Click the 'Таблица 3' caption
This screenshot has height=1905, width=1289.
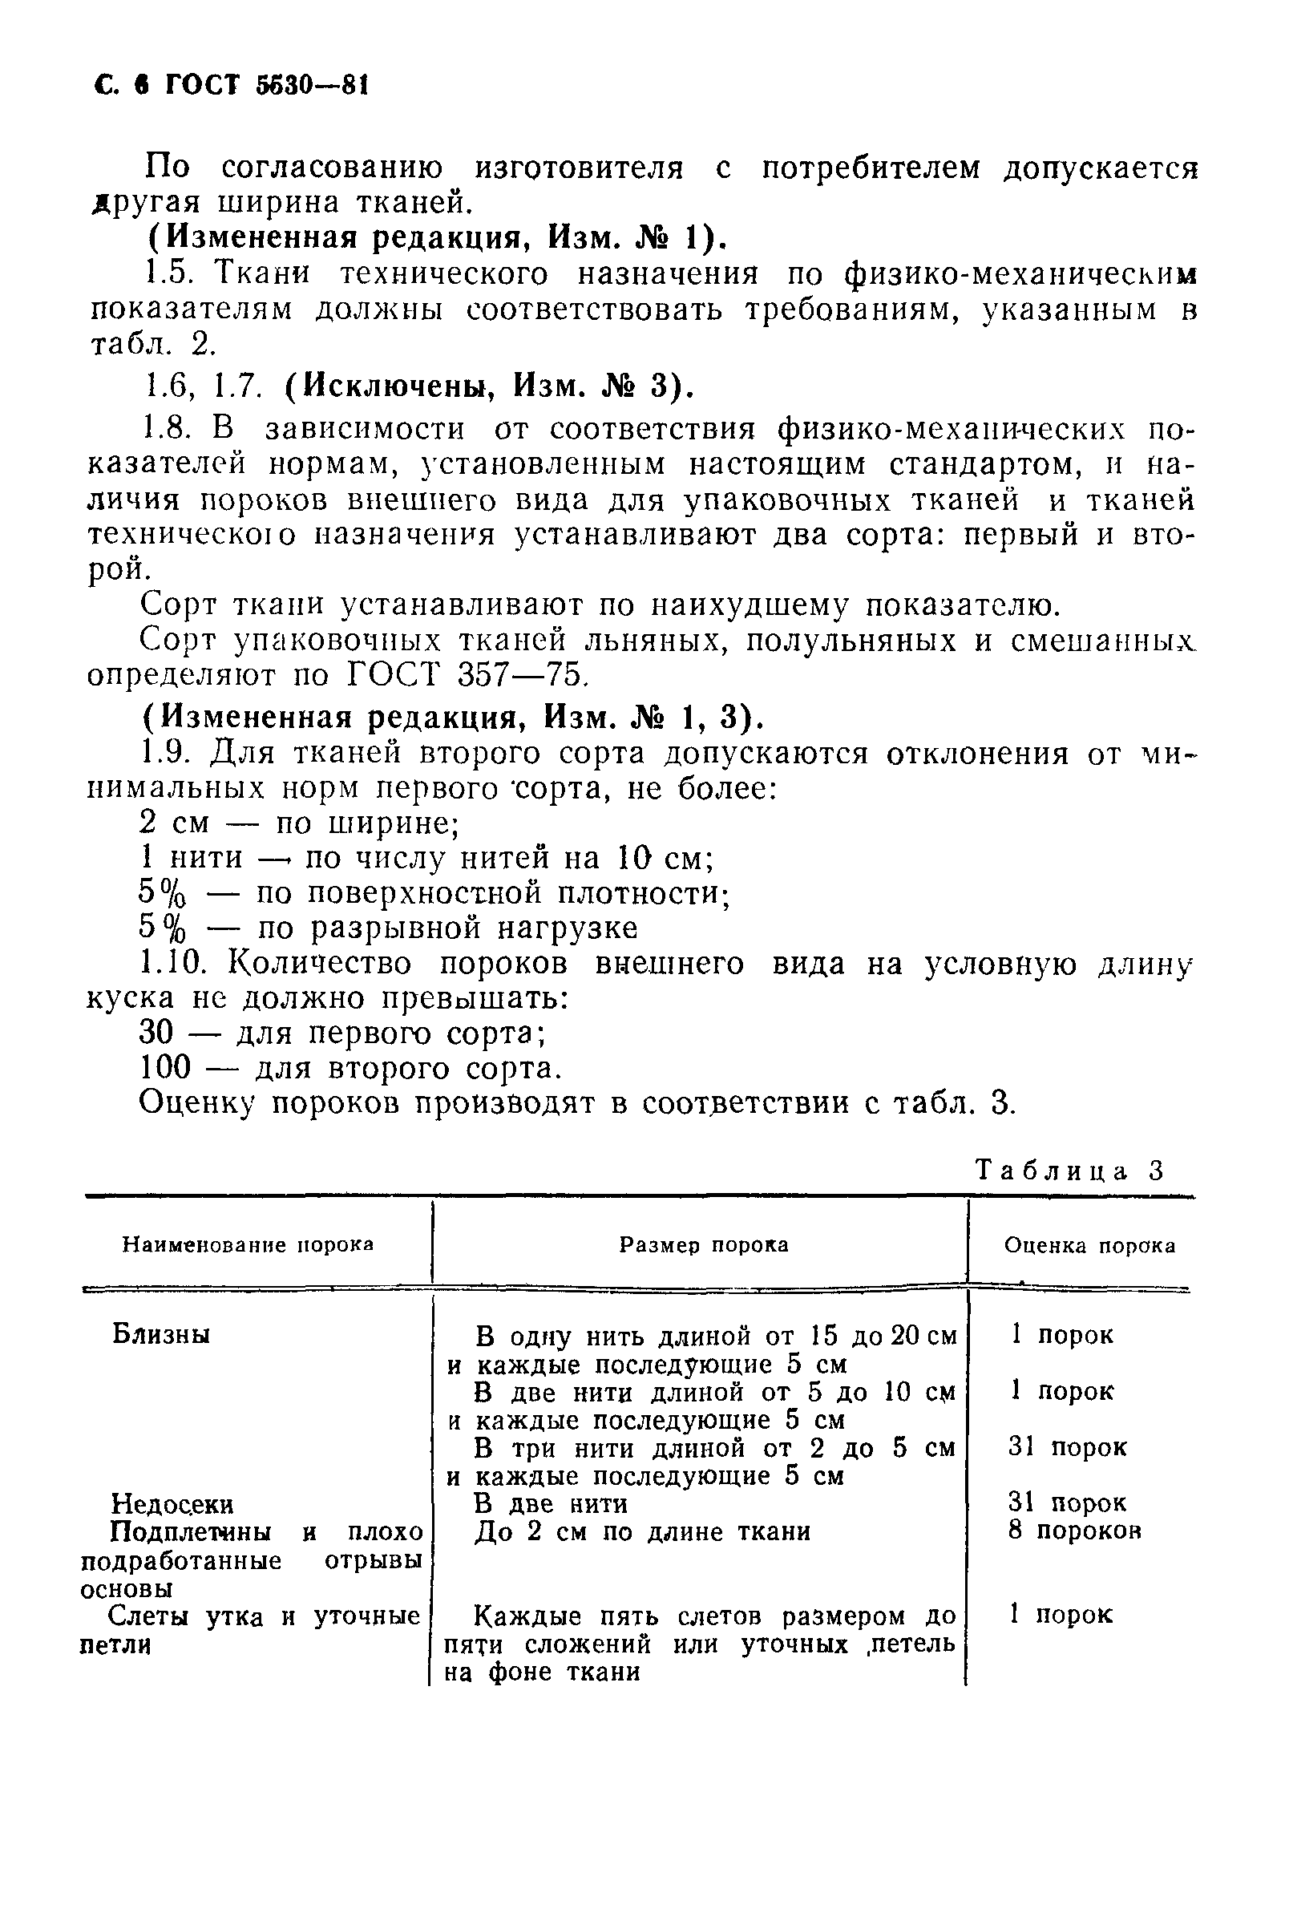tap(1069, 1170)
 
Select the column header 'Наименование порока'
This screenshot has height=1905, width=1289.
tap(248, 1244)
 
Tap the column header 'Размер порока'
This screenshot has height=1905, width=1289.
tap(703, 1244)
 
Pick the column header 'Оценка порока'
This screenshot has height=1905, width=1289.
tap(1089, 1246)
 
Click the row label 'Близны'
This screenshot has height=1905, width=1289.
tap(160, 1334)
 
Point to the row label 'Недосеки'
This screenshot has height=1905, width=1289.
tap(172, 1504)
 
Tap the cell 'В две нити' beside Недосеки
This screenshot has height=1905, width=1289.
tap(551, 1504)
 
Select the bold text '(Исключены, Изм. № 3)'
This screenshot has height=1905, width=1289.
tap(488, 386)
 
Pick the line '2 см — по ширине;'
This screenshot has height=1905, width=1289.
tap(300, 822)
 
